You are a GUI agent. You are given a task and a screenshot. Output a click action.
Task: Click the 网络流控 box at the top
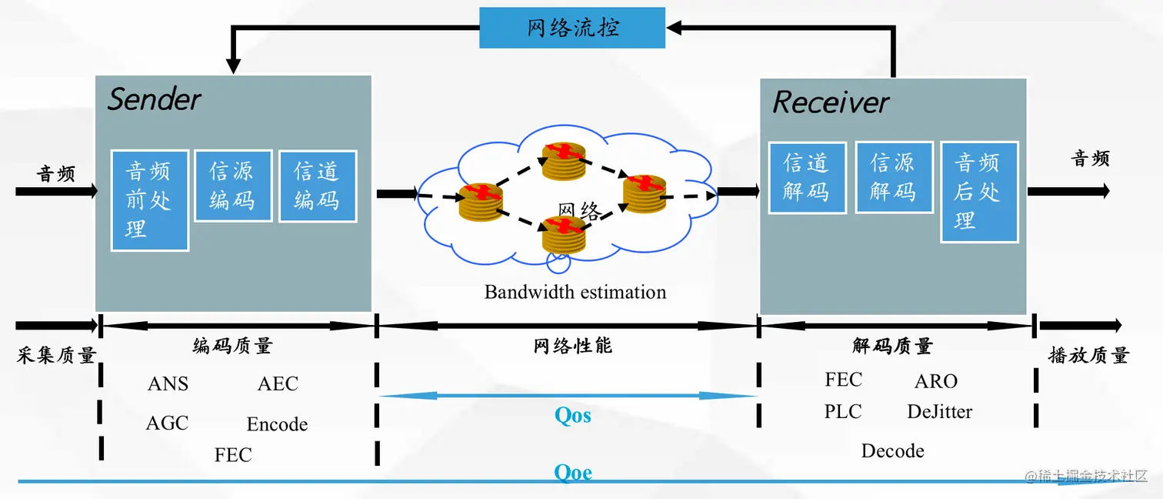(572, 28)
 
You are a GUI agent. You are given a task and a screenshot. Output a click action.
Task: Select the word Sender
(154, 99)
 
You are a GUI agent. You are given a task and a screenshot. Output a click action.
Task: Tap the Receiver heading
(831, 102)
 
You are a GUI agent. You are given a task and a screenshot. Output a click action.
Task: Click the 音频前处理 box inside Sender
(149, 200)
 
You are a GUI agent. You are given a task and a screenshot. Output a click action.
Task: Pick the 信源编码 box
(232, 186)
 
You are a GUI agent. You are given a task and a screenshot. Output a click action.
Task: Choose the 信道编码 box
(317, 186)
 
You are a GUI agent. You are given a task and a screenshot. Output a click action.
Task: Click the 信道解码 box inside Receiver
(807, 177)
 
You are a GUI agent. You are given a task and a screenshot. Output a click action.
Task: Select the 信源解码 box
(893, 177)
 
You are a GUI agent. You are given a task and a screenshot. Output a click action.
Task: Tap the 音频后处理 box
(978, 192)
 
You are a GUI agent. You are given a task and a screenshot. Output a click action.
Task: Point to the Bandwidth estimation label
(575, 293)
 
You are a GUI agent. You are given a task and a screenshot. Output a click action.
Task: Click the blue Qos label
(573, 416)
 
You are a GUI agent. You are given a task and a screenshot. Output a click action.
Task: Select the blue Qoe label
(573, 472)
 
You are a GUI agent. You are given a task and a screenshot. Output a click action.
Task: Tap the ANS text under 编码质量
(168, 383)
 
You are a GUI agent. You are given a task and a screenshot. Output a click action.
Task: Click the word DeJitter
(939, 412)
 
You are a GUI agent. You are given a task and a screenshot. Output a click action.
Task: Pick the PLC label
(843, 412)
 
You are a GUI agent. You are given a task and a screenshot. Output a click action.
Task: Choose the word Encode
(277, 424)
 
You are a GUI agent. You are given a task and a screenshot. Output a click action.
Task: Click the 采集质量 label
(56, 355)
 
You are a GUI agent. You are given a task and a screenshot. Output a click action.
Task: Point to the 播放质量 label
(1088, 355)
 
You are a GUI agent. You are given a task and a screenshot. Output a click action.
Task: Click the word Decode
(892, 451)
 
